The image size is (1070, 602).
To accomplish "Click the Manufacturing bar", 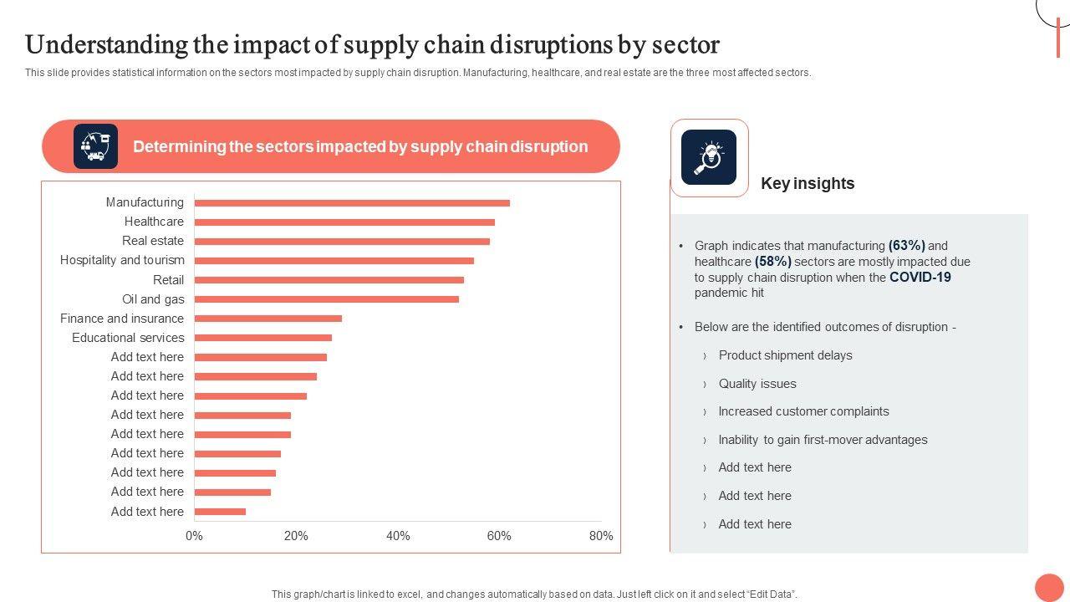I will click(352, 203).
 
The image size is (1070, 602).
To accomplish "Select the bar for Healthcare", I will click(344, 222).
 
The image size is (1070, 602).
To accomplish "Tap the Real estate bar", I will click(342, 242).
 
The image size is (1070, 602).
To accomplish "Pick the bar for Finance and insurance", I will click(268, 319).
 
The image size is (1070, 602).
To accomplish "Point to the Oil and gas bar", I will click(327, 299).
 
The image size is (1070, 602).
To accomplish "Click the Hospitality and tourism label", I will click(122, 260).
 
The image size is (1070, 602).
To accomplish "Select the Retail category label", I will click(168, 280).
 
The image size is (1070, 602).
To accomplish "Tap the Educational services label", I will click(128, 338).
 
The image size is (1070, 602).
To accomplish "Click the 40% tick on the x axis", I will click(398, 536).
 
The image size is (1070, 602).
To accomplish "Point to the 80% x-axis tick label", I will click(601, 536).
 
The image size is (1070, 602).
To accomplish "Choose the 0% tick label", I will click(194, 536).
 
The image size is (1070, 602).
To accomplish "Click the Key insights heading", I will click(808, 183).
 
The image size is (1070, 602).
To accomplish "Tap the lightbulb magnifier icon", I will click(709, 157).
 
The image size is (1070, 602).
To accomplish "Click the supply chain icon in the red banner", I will click(95, 146).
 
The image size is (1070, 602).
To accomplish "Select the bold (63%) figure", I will click(907, 246).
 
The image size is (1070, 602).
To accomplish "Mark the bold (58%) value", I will click(773, 262).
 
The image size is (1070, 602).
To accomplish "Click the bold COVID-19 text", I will click(920, 278).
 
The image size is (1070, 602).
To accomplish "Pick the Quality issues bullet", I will click(757, 384).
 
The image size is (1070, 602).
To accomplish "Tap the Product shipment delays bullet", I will click(785, 355).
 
